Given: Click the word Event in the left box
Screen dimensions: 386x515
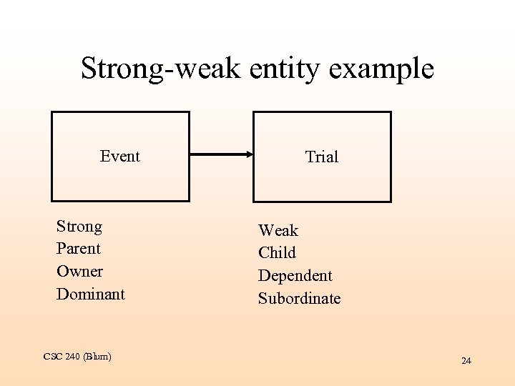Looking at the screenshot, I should coord(120,156).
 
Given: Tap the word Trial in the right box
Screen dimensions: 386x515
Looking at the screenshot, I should coord(322,157).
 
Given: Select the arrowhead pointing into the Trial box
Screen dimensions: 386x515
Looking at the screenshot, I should coord(247,154).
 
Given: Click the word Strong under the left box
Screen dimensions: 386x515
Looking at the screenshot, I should coord(79,227).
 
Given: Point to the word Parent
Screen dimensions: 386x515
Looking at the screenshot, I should coord(79,249).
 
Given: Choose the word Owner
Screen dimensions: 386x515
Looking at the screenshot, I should coord(79,272).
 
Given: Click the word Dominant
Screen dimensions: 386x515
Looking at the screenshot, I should coord(91,294).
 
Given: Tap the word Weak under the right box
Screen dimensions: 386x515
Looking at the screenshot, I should coord(278,230).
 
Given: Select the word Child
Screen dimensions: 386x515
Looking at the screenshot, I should coord(277,253).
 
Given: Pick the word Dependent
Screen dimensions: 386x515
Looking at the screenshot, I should coord(295,276).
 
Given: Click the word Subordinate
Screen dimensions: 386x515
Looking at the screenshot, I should coord(300,298).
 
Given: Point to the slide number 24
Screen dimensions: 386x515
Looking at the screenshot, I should coord(466,361).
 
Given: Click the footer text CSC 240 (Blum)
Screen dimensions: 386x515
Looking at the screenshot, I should coord(77,356).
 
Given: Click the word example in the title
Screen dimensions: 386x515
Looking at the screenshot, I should coord(383,69).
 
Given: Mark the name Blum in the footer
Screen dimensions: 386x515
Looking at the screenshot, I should coord(99,356).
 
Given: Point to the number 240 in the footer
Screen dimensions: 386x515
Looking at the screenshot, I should coord(72,356).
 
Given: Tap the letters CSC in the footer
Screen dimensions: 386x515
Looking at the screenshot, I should coord(52,356).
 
